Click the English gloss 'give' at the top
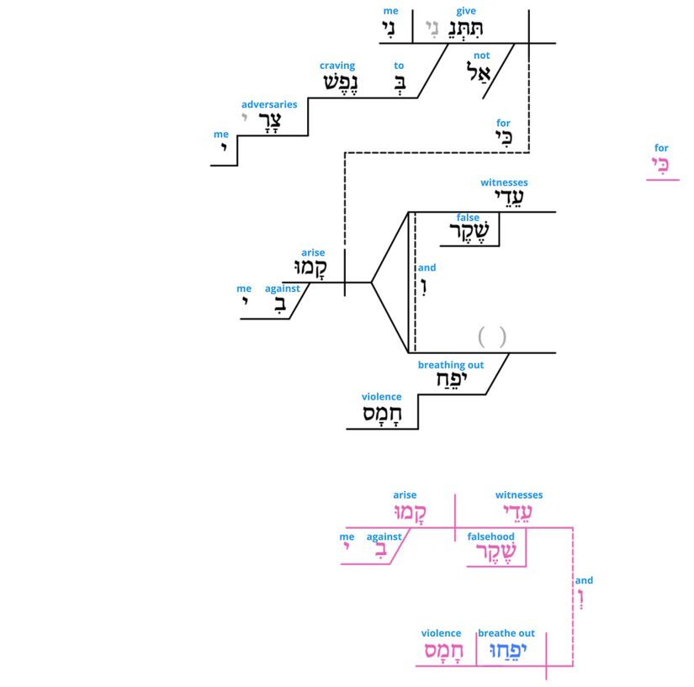pos(465,11)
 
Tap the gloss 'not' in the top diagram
pos(481,55)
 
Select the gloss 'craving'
pos(337,66)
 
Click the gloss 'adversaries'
pos(269,104)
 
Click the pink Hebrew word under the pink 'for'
pos(662,166)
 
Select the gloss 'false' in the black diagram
pos(469,218)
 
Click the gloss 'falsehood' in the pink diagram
pos(491,536)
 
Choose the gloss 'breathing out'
pos(451,365)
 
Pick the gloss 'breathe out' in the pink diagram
pos(506,633)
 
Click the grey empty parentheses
pos(492,337)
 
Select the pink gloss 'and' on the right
pos(584,580)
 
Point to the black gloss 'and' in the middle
pos(427,267)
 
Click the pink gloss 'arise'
pos(405,495)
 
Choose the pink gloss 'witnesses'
pos(519,495)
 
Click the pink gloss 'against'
pos(384,536)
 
